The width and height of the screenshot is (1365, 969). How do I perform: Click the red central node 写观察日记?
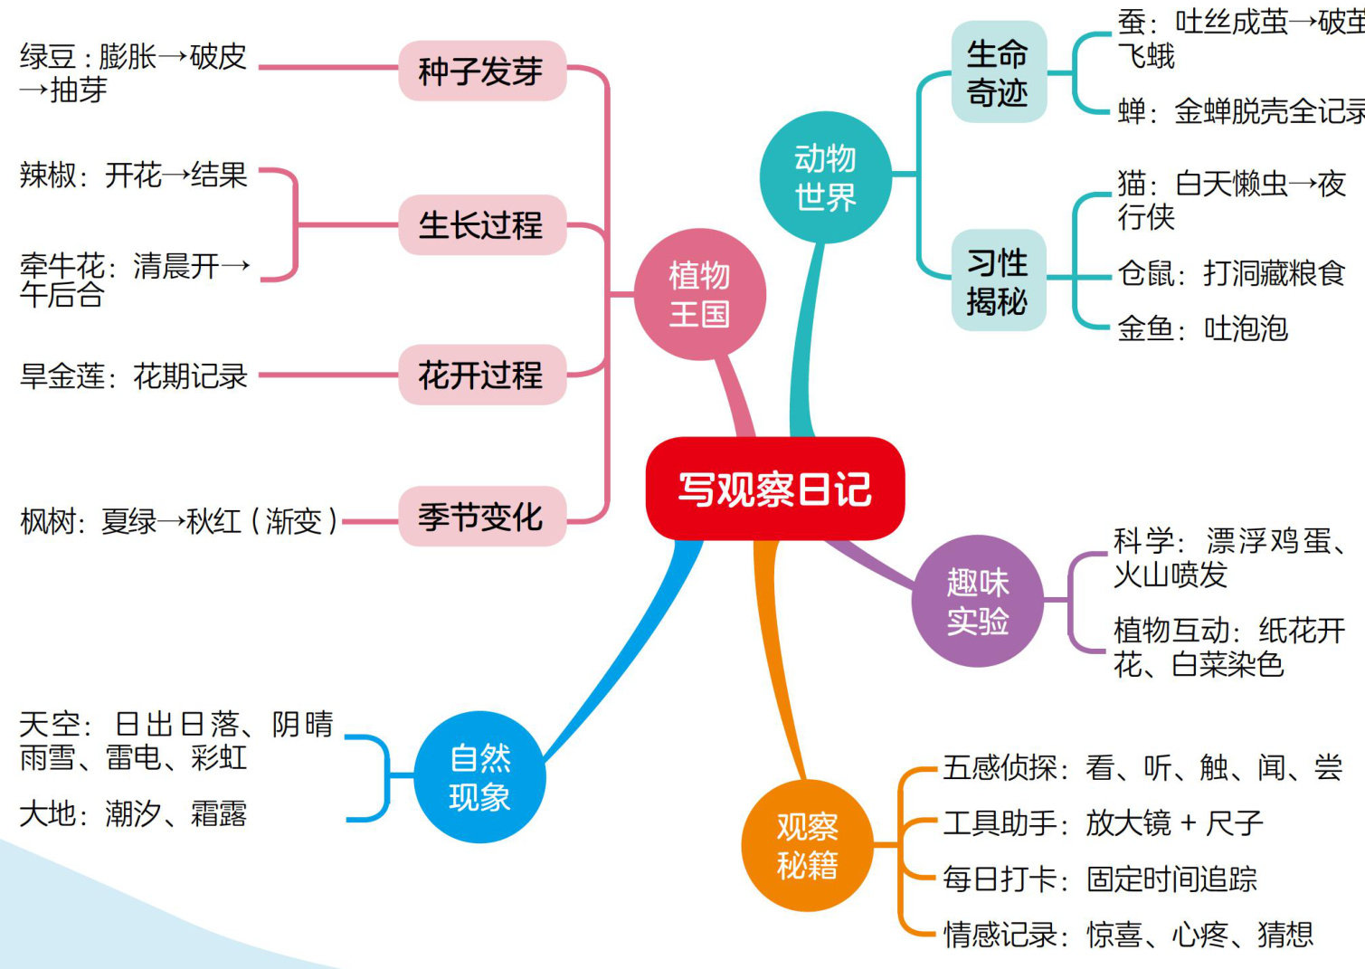tap(774, 489)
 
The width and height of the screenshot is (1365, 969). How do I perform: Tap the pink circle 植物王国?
tap(699, 294)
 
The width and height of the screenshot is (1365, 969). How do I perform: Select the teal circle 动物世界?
tap(825, 177)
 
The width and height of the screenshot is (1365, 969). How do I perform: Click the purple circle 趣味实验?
tap(977, 602)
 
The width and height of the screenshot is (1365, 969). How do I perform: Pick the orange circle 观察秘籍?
tap(807, 846)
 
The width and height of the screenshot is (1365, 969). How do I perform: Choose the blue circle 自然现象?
tap(479, 777)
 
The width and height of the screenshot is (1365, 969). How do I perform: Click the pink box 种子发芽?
tap(481, 71)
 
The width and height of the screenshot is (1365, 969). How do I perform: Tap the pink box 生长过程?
tap(481, 224)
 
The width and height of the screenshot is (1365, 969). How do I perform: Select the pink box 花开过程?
tap(481, 375)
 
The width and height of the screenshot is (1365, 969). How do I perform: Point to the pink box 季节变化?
tap(481, 517)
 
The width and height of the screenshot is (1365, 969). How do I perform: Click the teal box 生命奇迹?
tap(998, 72)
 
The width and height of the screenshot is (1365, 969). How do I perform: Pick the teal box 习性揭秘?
tap(998, 280)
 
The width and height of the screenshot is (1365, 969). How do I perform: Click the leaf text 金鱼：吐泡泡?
tap(1202, 328)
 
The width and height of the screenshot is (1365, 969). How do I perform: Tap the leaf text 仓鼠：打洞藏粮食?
tap(1231, 272)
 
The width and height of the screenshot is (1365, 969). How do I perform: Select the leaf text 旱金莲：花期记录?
tap(134, 375)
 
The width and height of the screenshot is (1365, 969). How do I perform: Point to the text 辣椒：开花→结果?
tap(134, 175)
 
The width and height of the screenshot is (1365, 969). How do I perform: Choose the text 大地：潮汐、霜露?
tap(133, 813)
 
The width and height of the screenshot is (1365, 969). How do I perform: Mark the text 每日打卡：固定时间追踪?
tap(1100, 879)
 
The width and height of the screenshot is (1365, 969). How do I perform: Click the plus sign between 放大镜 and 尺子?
tap(1189, 823)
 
